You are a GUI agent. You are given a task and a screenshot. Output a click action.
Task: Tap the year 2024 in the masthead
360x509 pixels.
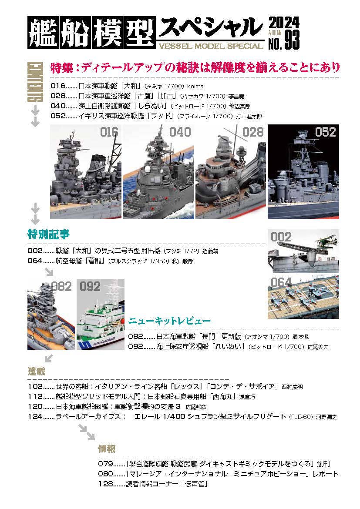coord(284,23)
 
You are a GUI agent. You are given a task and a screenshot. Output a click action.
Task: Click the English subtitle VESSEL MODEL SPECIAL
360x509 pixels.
coord(211,46)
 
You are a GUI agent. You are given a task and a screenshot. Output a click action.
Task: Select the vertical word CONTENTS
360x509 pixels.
coord(35,81)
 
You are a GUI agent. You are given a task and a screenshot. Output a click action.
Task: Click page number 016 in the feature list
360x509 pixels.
coord(58,86)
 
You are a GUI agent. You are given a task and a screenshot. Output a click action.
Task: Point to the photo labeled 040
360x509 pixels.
coord(158,172)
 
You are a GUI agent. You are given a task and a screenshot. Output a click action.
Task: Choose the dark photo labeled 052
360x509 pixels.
coord(303,172)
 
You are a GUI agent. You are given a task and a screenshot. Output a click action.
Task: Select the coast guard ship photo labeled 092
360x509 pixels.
coord(101,314)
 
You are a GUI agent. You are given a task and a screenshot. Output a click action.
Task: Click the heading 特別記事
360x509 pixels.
coord(48,234)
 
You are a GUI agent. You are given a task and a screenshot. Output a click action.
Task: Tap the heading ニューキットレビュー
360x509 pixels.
coord(169,321)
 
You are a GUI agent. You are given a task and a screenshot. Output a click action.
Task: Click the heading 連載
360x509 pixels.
coord(37,371)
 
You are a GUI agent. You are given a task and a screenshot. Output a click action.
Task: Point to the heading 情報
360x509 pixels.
coord(107,449)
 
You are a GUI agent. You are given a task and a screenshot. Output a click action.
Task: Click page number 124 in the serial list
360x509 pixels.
coord(35,416)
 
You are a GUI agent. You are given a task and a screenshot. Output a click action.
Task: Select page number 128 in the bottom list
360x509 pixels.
coord(106,484)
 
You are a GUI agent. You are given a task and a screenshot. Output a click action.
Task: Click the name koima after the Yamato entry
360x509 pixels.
coord(195,86)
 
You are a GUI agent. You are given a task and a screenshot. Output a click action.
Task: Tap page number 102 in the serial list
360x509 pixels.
coord(35,387)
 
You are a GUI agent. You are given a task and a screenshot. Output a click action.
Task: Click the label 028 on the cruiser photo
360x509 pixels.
coord(252,132)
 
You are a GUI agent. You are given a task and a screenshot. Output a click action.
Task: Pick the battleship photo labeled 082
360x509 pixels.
coord(51,314)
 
